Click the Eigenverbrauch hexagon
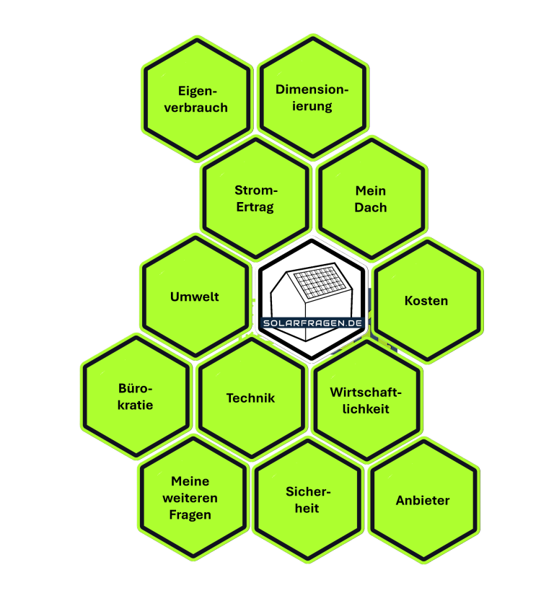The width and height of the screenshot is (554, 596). click(197, 99)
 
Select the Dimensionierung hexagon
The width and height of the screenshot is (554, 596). click(312, 97)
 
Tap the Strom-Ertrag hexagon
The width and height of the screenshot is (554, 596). click(255, 198)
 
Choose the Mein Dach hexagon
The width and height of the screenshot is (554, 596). click(371, 198)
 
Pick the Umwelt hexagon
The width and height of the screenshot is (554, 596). click(195, 297)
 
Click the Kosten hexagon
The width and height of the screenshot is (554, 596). click(427, 300)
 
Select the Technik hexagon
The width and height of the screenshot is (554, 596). click(251, 398)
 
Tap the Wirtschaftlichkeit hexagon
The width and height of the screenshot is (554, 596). click(366, 400)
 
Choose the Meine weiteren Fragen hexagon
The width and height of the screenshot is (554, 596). click(191, 498)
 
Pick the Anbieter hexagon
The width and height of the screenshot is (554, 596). click(423, 500)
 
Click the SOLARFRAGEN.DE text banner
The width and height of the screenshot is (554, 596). click(312, 323)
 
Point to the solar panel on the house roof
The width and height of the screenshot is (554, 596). click(318, 284)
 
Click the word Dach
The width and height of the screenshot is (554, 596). click(371, 208)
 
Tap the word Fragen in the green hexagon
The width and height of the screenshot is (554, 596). click(190, 514)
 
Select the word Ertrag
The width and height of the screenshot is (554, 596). click(255, 207)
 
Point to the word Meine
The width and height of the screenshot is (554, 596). click(190, 481)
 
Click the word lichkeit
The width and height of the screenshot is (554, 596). click(366, 408)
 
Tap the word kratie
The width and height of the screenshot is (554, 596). click(136, 404)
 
